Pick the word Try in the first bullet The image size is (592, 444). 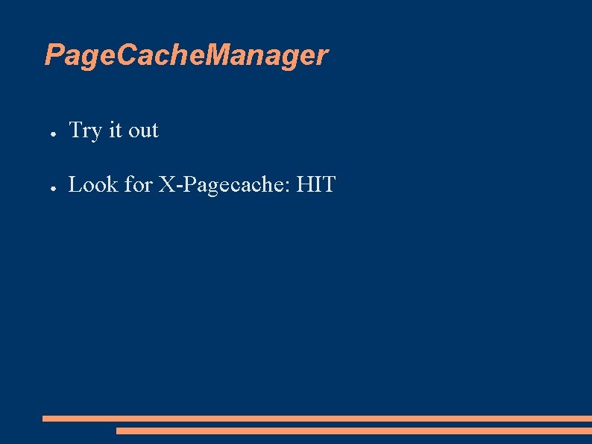[85, 131]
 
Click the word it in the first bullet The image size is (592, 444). [115, 131]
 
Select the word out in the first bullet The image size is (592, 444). [143, 131]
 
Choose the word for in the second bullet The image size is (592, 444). [139, 184]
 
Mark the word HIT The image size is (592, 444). [316, 184]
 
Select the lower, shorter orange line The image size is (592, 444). [353, 431]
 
